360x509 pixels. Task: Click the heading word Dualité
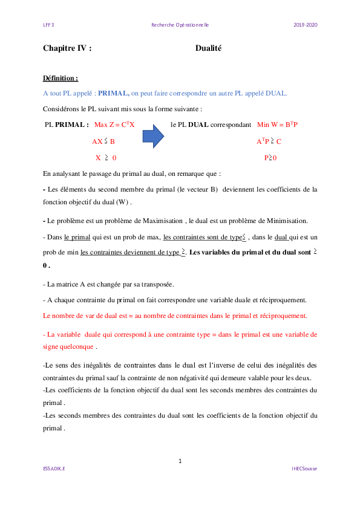point(209,48)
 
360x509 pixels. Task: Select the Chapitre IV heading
point(67,48)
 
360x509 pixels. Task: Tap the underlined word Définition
point(61,79)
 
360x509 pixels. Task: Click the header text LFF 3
point(48,25)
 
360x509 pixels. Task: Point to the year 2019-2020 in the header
point(306,25)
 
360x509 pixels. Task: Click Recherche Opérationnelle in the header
point(180,25)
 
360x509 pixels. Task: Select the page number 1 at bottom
point(180,461)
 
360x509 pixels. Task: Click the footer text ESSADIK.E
point(54,468)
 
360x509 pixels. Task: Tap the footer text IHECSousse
point(304,468)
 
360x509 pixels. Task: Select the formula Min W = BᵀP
point(278,125)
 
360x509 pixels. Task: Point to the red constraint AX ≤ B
point(103,141)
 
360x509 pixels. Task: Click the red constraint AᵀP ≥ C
point(269,141)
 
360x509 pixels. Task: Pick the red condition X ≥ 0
point(105,158)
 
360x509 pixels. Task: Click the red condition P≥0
point(270,158)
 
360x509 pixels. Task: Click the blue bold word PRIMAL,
point(114,94)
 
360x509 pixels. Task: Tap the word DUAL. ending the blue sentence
point(277,94)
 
